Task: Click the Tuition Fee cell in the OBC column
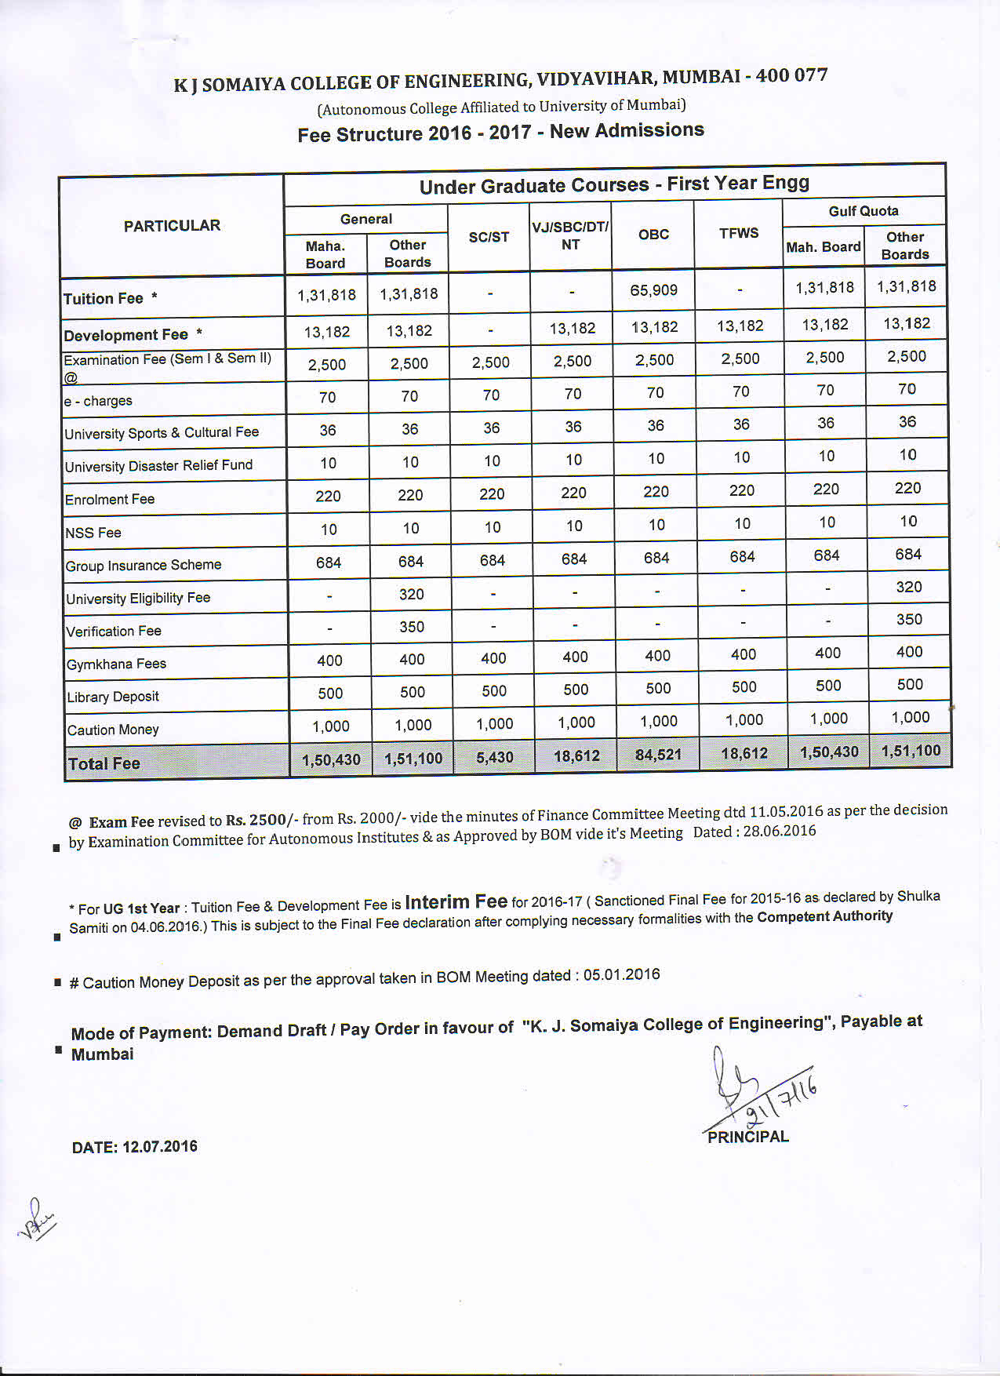point(653,290)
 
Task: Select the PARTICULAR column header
point(172,226)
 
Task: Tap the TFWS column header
point(739,233)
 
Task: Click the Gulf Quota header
point(864,211)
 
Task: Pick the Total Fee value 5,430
point(494,757)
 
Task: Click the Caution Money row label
point(113,730)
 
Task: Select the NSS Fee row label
point(93,533)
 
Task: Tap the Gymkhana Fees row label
point(116,664)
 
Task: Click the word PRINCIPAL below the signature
point(747,1137)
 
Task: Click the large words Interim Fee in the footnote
point(456,902)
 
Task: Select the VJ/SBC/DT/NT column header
point(570,235)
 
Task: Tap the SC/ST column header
point(489,237)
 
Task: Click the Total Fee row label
point(104,763)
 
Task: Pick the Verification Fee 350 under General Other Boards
point(412,627)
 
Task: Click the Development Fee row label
point(125,335)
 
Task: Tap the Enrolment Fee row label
point(110,499)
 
